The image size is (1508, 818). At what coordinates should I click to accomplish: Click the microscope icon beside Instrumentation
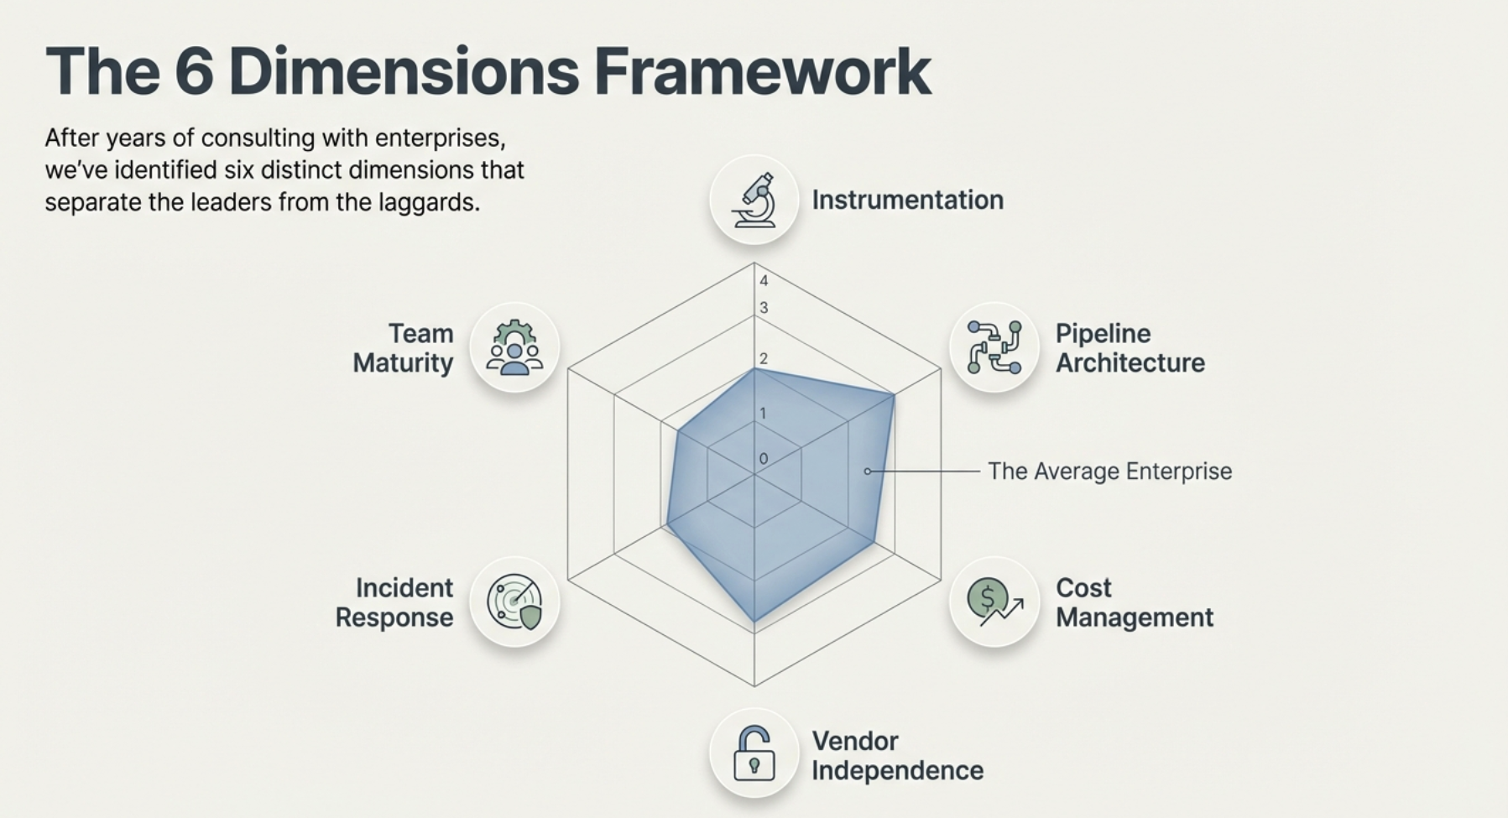point(754,200)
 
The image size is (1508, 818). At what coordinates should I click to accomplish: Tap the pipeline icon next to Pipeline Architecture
point(994,347)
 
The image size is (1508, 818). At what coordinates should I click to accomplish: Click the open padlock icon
point(754,753)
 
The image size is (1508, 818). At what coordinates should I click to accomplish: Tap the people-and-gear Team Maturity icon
point(514,347)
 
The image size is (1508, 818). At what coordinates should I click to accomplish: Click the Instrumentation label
point(907,200)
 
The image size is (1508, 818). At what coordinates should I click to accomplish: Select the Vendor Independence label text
point(896,756)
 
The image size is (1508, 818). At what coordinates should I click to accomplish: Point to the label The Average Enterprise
point(1109,472)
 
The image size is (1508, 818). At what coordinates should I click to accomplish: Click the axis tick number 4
point(764,281)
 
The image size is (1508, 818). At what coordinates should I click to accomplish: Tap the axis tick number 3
point(764,308)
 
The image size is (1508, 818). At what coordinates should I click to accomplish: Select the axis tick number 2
point(764,359)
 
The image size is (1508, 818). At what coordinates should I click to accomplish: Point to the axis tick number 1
point(763,413)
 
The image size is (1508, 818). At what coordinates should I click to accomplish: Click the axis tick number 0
point(764,459)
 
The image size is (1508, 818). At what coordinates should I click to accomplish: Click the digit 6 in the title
point(194,72)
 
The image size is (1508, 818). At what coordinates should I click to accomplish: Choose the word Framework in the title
point(762,72)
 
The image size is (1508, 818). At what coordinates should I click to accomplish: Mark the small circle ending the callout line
point(868,472)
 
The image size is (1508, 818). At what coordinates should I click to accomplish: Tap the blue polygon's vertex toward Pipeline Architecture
point(894,395)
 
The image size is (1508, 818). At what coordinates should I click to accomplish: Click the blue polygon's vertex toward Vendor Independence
point(754,622)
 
